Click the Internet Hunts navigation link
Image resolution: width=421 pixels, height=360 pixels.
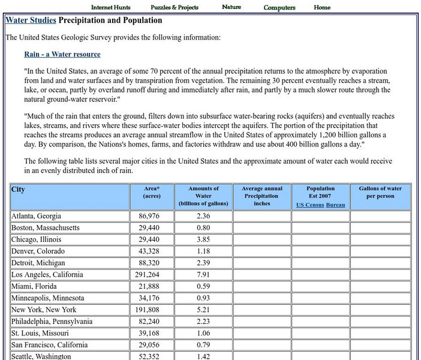click(110, 8)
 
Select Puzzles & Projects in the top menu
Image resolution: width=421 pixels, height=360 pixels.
click(175, 8)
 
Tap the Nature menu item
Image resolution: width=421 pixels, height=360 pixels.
click(231, 7)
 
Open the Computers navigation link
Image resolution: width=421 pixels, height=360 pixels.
click(279, 8)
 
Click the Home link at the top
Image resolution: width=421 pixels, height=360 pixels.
click(322, 8)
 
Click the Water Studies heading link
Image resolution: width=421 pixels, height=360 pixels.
click(31, 20)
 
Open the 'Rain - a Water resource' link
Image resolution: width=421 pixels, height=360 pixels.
click(62, 55)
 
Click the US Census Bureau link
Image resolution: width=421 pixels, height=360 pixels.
click(321, 205)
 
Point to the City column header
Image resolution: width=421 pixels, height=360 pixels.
click(19, 190)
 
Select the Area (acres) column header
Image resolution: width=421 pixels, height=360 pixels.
click(152, 192)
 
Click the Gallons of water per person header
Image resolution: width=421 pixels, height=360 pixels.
click(380, 192)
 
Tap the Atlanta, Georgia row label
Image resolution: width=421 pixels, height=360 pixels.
click(37, 216)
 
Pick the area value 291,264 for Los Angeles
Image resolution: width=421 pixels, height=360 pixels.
click(152, 275)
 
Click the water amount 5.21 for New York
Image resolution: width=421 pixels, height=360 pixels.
click(203, 310)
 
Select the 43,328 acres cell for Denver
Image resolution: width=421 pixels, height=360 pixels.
click(152, 251)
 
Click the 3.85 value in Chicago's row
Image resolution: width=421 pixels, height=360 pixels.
click(203, 239)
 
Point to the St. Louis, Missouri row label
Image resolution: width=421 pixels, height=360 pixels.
click(40, 333)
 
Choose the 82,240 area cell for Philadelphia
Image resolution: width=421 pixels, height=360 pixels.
click(152, 322)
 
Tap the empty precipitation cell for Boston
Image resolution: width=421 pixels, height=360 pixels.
click(261, 228)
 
